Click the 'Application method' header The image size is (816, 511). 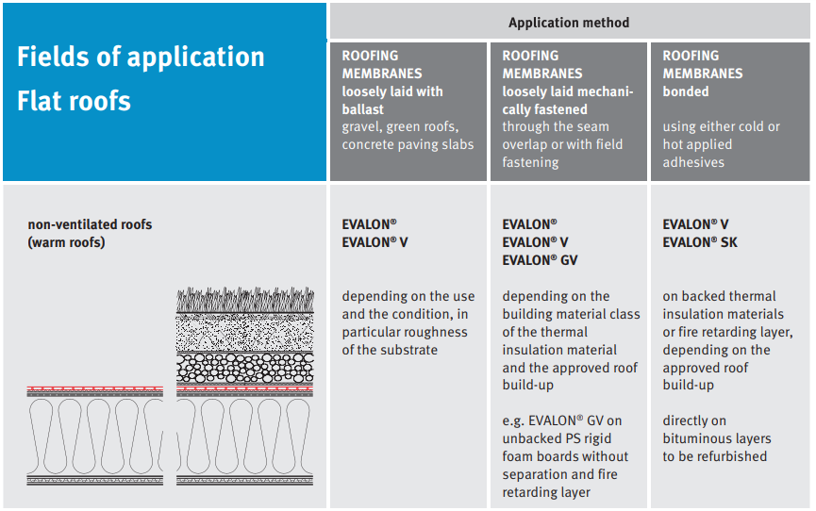click(568, 23)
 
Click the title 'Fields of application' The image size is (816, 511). click(141, 58)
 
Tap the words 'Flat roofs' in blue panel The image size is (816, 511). click(74, 101)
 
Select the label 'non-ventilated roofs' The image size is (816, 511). click(90, 224)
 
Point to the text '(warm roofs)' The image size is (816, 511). click(66, 242)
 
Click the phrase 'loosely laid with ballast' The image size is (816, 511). click(391, 100)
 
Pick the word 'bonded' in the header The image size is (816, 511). click(685, 91)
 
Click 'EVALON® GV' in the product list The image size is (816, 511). click(541, 260)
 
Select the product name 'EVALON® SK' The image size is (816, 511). click(700, 242)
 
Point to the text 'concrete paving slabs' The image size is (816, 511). click(408, 144)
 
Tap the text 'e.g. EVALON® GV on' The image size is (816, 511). click(561, 420)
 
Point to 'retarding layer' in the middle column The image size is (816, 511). click(546, 492)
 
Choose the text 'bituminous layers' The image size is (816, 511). click(716, 438)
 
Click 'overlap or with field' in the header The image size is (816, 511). click(562, 144)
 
